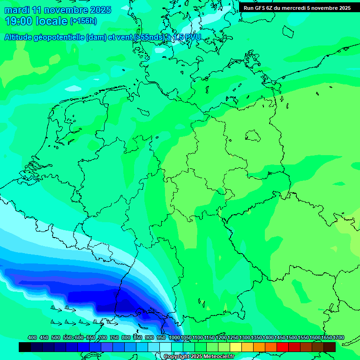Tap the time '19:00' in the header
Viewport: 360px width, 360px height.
tap(19, 21)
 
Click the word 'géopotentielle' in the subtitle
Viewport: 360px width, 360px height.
tap(61, 37)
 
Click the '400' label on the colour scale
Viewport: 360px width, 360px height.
tap(32, 337)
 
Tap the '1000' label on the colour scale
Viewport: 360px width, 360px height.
tap(174, 337)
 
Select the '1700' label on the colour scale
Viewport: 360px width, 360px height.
tap(338, 337)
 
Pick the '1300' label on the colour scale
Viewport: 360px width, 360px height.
tap(245, 337)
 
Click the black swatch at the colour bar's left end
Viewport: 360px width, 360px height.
tap(25, 347)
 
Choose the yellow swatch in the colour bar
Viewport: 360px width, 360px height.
tap(236, 347)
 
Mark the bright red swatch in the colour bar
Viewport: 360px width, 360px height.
tap(283, 347)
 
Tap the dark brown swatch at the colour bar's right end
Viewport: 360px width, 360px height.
tap(330, 347)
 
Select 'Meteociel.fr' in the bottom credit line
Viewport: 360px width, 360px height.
tap(219, 357)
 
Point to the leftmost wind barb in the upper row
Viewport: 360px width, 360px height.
tap(56, 309)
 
